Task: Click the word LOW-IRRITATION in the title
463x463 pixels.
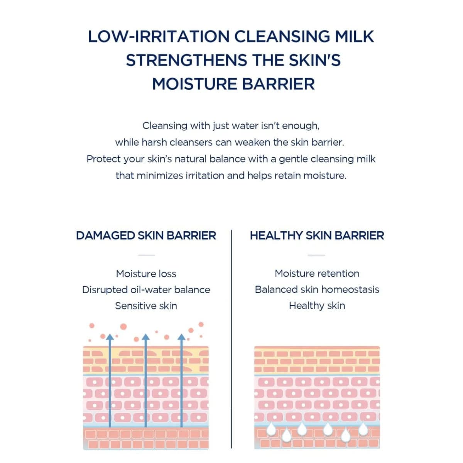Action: pos(159,37)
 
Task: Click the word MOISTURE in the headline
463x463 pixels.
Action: pos(194,84)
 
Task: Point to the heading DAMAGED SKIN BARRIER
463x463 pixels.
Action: pos(146,235)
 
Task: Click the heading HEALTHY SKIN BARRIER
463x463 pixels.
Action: pos(317,235)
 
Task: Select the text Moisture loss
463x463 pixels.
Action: pos(146,274)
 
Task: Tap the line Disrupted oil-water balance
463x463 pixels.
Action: pos(146,290)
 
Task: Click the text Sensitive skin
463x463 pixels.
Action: pos(146,306)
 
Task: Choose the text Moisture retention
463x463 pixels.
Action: pos(317,274)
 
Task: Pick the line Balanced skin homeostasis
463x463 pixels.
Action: pos(317,289)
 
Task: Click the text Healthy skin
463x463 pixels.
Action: pos(317,306)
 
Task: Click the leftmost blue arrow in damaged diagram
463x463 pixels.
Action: pos(110,382)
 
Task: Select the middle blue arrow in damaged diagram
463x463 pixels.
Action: pos(145,382)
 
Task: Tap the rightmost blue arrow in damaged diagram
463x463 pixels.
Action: pos(181,382)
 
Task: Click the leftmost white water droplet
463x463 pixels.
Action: pos(272,429)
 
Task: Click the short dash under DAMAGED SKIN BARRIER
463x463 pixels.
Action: pos(146,255)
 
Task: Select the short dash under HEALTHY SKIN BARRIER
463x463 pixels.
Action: pos(316,255)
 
